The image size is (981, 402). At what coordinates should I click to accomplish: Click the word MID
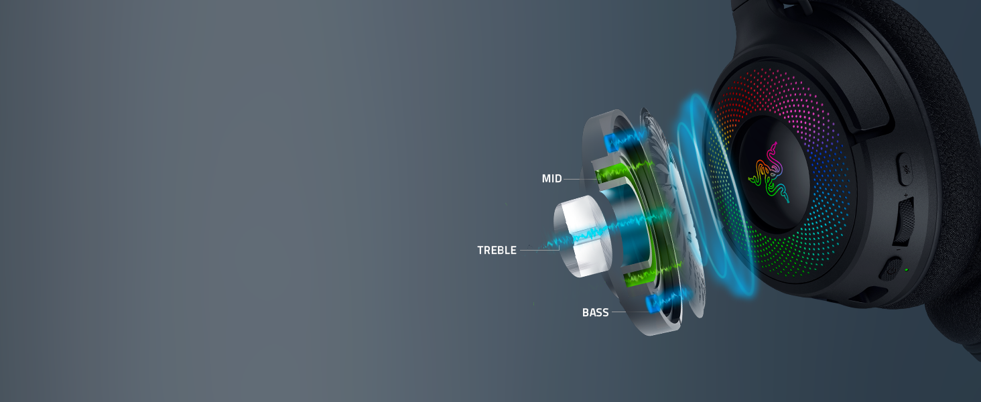(552, 179)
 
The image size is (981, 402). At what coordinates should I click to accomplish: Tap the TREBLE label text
(497, 251)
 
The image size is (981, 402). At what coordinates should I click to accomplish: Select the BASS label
(595, 312)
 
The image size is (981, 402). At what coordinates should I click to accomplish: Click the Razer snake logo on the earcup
(769, 173)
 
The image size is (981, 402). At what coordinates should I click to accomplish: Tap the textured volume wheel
(904, 220)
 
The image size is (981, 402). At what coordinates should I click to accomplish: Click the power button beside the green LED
(891, 269)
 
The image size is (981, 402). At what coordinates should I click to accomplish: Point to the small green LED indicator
(906, 270)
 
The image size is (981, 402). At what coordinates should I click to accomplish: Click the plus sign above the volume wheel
(906, 195)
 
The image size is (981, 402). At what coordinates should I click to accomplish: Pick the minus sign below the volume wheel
(898, 250)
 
